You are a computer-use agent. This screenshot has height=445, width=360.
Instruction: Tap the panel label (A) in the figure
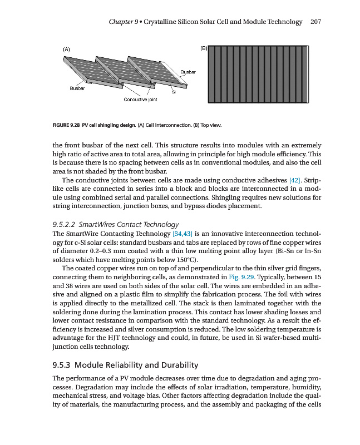(x=67, y=50)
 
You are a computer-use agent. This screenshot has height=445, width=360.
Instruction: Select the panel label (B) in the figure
(x=203, y=48)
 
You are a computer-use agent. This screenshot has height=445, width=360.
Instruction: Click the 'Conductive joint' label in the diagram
(x=140, y=100)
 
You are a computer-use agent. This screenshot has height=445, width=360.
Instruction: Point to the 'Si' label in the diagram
(x=174, y=92)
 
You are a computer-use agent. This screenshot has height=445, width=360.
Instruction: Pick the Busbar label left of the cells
(x=77, y=88)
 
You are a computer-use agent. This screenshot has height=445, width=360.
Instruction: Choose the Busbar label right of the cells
(x=189, y=72)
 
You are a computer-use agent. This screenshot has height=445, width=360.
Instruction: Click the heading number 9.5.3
(x=62, y=365)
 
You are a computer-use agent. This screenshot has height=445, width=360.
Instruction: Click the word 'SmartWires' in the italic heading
(x=95, y=224)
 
